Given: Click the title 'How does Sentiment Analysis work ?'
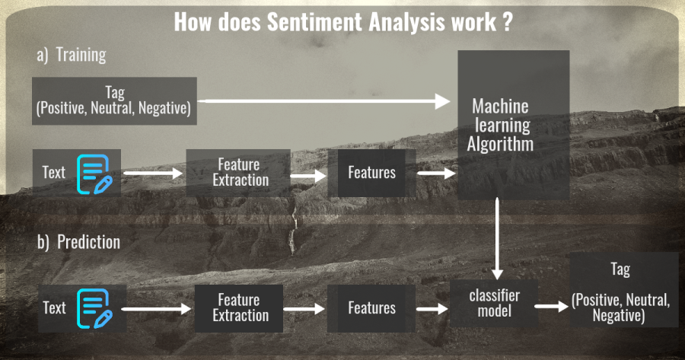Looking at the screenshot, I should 342,21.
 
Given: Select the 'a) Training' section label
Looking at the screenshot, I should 71,55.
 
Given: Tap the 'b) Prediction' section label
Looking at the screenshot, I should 78,242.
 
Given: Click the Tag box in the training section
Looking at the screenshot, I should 114,100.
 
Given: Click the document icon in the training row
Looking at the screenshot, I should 98,173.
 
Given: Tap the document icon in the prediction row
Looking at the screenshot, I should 98,307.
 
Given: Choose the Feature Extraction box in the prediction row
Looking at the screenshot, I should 241,307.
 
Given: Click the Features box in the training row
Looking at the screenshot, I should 372,172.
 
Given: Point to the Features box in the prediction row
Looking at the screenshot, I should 372,307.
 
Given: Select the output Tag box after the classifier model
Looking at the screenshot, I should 620,292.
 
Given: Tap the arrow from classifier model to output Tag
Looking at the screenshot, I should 551,306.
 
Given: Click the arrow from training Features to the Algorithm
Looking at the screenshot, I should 436,173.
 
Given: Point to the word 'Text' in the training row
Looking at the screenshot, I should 54,173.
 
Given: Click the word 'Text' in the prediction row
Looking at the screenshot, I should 54,307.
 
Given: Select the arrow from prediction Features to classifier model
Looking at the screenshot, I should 432,308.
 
